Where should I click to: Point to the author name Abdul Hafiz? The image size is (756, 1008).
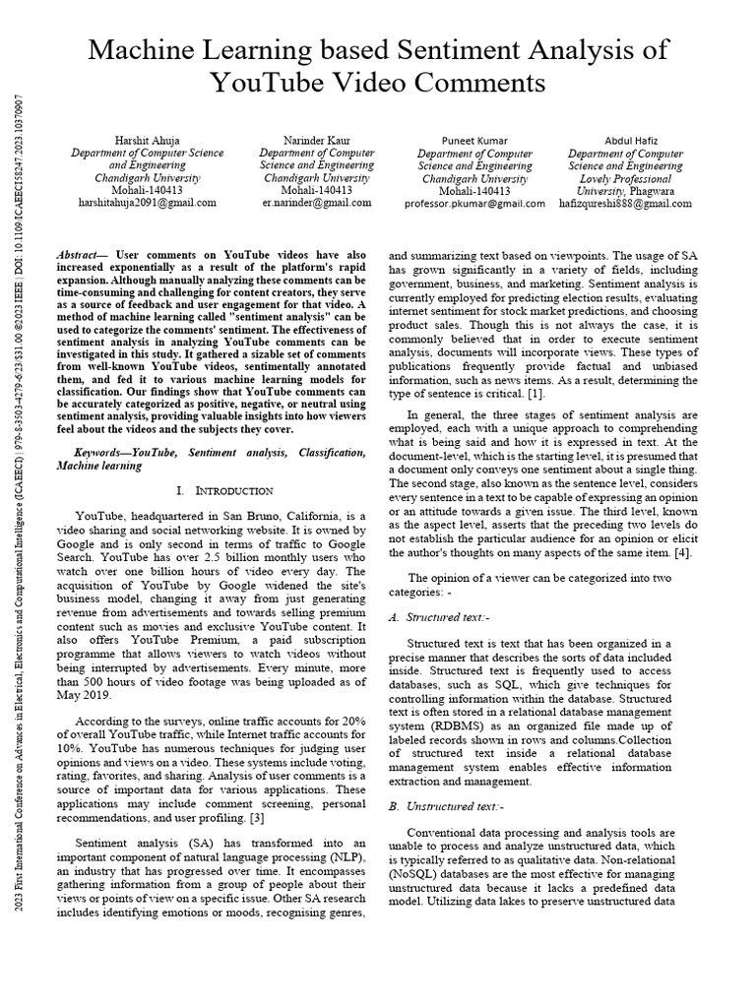pyautogui.click(x=630, y=141)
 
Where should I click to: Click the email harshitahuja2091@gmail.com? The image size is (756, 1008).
pyautogui.click(x=148, y=202)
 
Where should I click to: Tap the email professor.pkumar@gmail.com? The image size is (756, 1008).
pyautogui.click(x=475, y=203)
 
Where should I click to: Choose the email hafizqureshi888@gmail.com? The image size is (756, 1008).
pyautogui.click(x=630, y=203)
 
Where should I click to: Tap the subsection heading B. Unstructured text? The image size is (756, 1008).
pyautogui.click(x=442, y=806)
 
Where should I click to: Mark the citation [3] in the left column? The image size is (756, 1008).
pyautogui.click(x=259, y=818)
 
